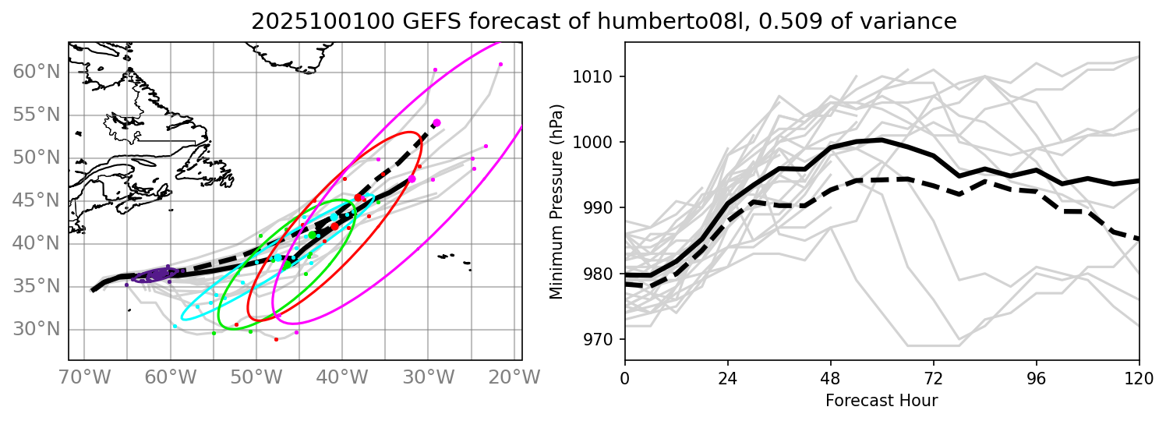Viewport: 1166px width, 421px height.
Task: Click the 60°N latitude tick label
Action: pyautogui.click(x=37, y=73)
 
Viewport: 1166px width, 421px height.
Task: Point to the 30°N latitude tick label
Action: pyautogui.click(x=37, y=329)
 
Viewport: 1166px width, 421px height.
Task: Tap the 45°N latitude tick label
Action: pyautogui.click(x=37, y=201)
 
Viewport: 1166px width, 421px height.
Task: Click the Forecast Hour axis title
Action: pyautogui.click(x=882, y=401)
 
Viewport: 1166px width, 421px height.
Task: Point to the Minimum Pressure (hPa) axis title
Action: pyautogui.click(x=556, y=201)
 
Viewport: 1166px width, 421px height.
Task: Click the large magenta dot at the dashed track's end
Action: pyautogui.click(x=436, y=122)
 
